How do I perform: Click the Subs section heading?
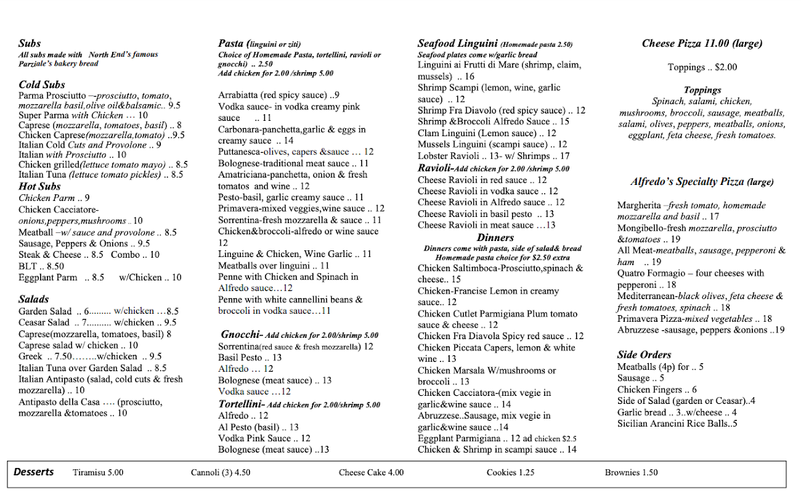[x=30, y=43]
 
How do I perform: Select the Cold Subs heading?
[x=42, y=85]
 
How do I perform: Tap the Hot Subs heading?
[x=39, y=186]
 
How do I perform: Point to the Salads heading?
[x=33, y=299]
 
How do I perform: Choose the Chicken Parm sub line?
[x=54, y=198]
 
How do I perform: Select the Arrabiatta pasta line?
[x=279, y=95]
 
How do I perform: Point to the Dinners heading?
[x=495, y=238]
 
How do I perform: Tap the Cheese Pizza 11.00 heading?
[x=702, y=44]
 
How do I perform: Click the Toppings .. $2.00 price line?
[x=702, y=67]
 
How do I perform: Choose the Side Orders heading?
[x=644, y=354]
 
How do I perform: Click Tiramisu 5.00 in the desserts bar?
[x=98, y=473]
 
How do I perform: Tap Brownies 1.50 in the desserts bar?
[x=631, y=473]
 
